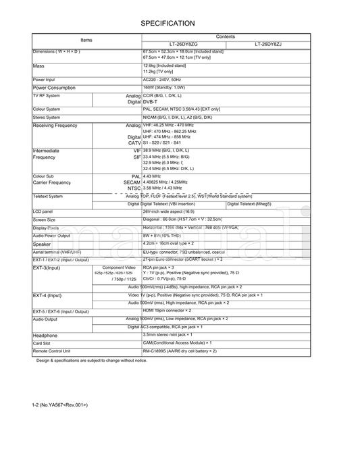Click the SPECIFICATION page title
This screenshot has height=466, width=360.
pos(168,23)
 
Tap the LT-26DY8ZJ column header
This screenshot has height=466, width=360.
pos(268,45)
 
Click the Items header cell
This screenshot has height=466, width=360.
pos(86,41)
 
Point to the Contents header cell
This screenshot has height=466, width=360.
pos(226,36)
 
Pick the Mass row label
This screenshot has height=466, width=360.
pos(38,66)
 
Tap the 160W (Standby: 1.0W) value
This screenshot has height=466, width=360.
pos(164,88)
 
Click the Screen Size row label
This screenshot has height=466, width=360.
pos(44,219)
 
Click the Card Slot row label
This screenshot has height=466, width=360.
pos(42,343)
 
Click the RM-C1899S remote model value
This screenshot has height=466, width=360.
pos(180,351)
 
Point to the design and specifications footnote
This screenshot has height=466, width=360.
pos(92,361)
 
